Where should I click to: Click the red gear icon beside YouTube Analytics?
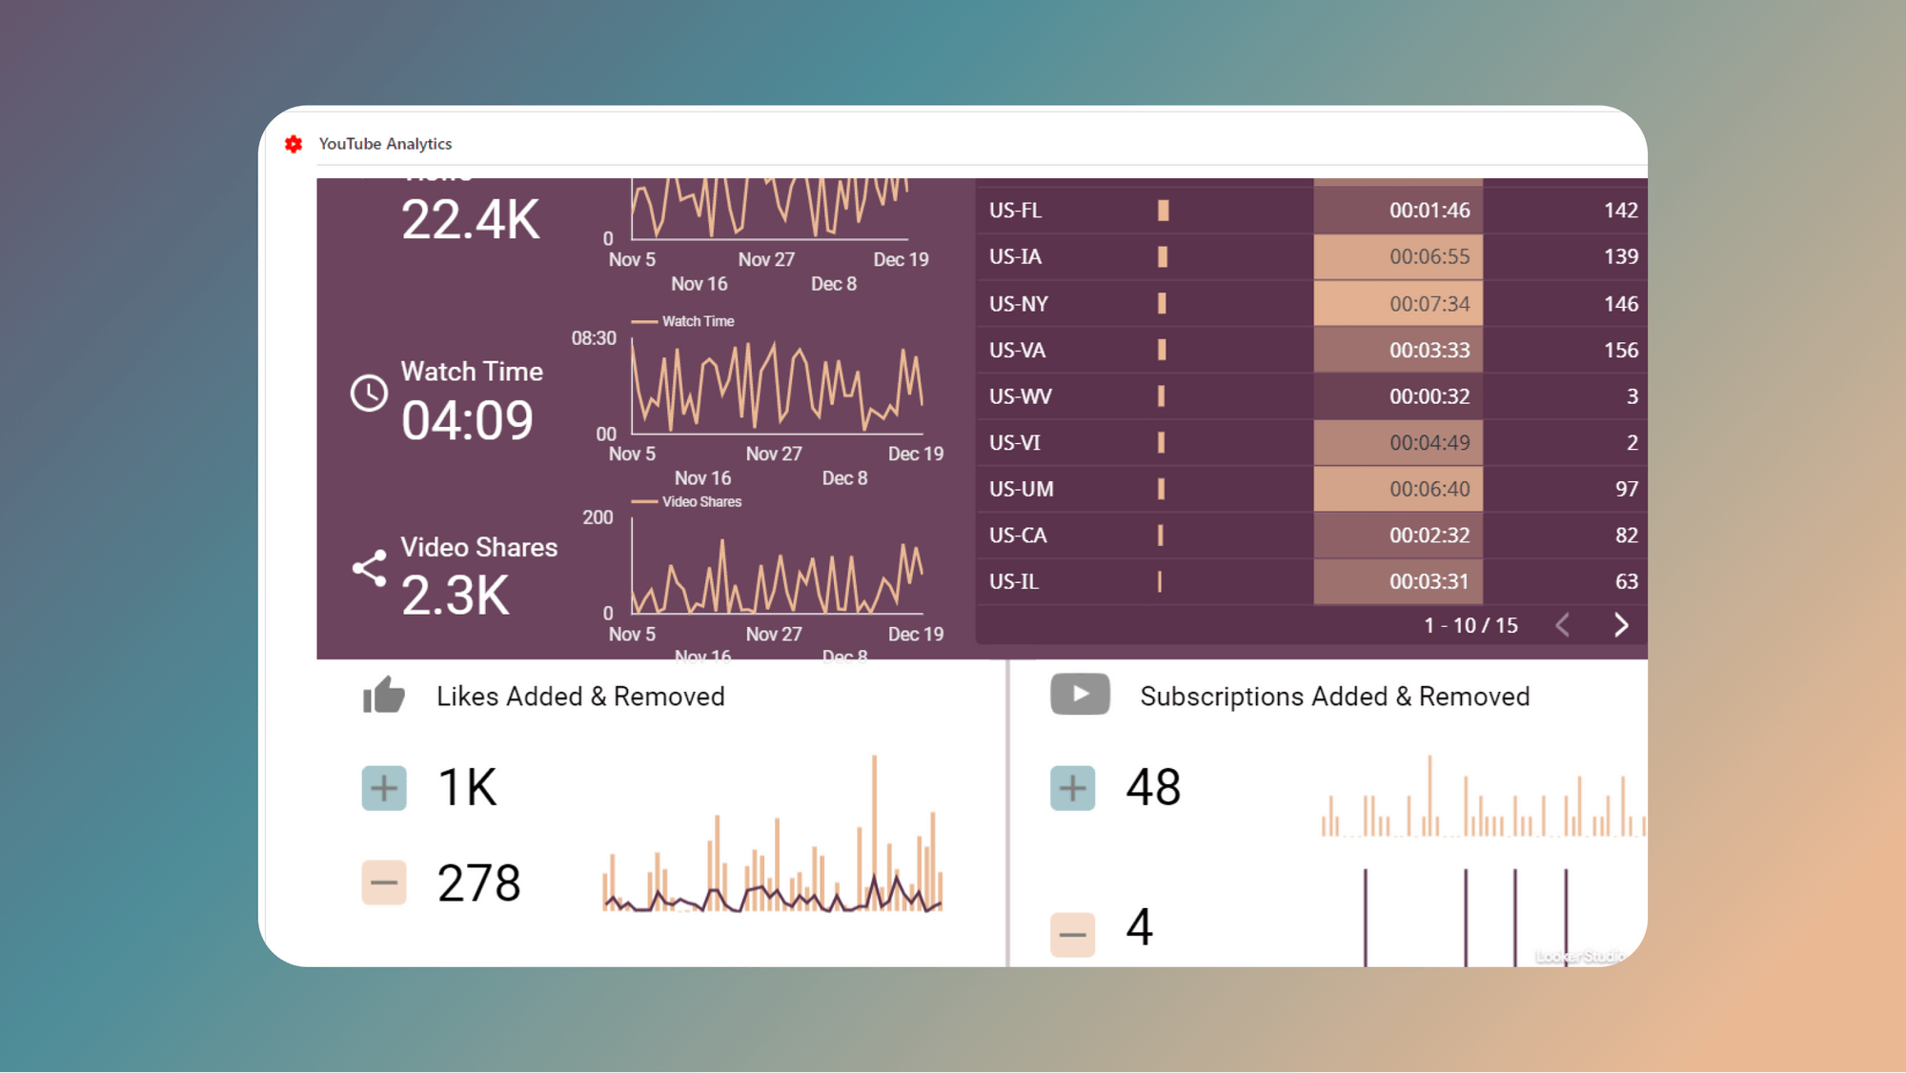pyautogui.click(x=294, y=144)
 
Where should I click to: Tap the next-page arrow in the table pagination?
pyautogui.click(x=1621, y=625)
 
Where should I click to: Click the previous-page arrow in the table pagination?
pyautogui.click(x=1563, y=625)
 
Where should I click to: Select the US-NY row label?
pyautogui.click(x=1018, y=304)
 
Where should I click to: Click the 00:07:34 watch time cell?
pyautogui.click(x=1429, y=304)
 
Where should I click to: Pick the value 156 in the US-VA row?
pyautogui.click(x=1620, y=351)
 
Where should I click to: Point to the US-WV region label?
pyautogui.click(x=1020, y=396)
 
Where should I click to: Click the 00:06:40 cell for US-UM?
pyautogui.click(x=1429, y=489)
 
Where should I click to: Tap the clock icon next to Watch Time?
pyautogui.click(x=369, y=393)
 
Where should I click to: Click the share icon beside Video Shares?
pyautogui.click(x=369, y=568)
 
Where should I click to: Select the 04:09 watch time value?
pyautogui.click(x=467, y=420)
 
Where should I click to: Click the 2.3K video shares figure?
pyautogui.click(x=456, y=596)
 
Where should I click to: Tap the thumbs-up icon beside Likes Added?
pyautogui.click(x=384, y=696)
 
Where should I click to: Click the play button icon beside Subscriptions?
pyautogui.click(x=1080, y=694)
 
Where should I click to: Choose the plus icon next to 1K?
pyautogui.click(x=384, y=788)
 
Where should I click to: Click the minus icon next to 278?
pyautogui.click(x=384, y=882)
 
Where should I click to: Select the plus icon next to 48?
pyautogui.click(x=1072, y=788)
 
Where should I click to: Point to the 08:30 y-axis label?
pyautogui.click(x=594, y=338)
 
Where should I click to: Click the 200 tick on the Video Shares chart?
pyautogui.click(x=598, y=517)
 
